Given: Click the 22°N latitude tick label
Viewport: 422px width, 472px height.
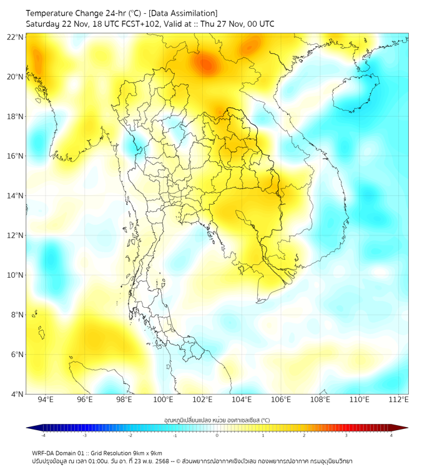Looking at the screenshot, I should (x=16, y=37).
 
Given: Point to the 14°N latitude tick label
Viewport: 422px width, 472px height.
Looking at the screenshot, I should (x=16, y=195).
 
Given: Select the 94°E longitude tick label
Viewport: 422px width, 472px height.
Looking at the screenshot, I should (x=46, y=400).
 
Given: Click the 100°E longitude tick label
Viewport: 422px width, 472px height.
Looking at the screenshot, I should (x=164, y=400).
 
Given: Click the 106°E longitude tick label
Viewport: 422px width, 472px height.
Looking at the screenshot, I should (x=281, y=400).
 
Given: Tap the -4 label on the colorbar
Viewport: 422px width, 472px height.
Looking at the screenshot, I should (x=43, y=435).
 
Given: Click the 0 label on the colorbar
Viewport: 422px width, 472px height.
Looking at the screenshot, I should (x=217, y=435).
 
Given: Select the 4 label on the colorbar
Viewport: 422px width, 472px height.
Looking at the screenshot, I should (x=391, y=435).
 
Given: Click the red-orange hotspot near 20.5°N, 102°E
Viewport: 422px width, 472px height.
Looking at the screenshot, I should (x=205, y=64).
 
